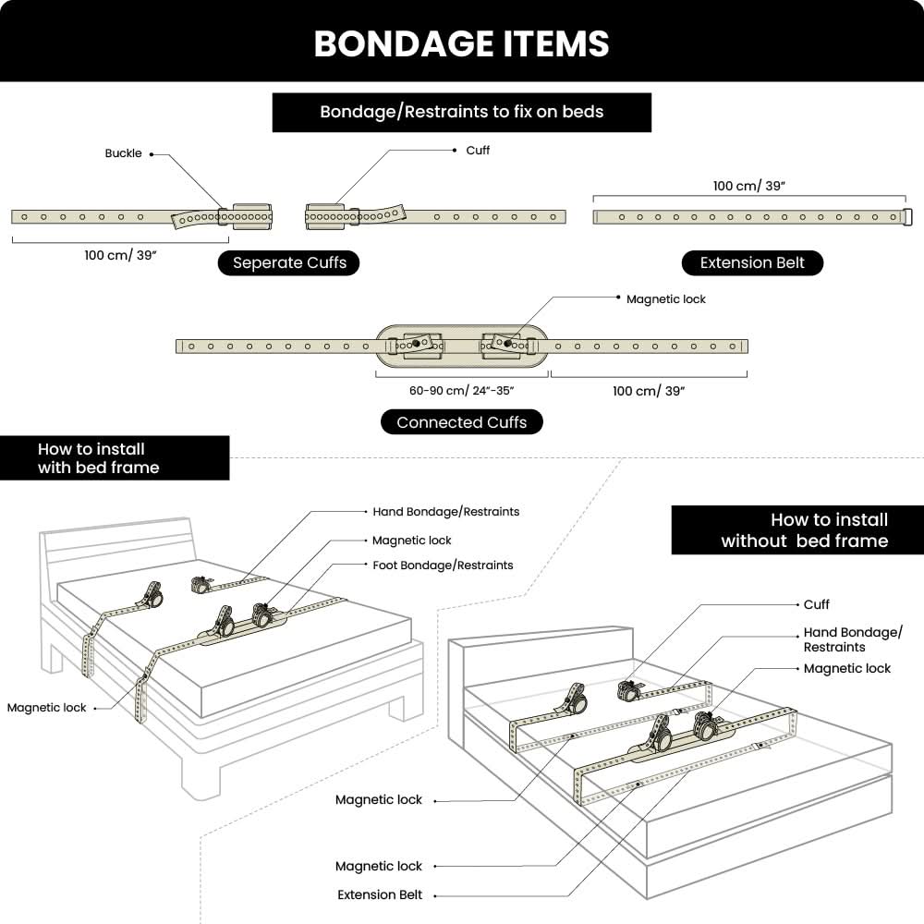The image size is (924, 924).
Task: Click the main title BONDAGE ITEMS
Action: click(x=461, y=43)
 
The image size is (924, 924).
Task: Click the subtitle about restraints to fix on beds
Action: click(x=461, y=112)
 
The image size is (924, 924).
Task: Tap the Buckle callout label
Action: click(x=123, y=153)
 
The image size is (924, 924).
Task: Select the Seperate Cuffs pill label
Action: click(x=289, y=262)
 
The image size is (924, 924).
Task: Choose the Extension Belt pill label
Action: click(x=752, y=262)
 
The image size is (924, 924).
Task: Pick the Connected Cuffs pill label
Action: click(x=461, y=422)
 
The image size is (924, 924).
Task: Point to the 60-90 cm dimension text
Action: click(x=461, y=391)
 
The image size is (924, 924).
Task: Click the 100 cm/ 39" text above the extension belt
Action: click(x=748, y=186)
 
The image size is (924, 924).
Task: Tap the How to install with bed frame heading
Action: click(x=98, y=458)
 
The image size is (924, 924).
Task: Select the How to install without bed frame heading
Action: click(x=804, y=530)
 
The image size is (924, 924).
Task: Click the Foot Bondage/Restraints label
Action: click(x=443, y=565)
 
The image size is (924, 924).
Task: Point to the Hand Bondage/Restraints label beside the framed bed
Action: click(x=445, y=511)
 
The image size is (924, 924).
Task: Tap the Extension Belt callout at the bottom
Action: click(x=380, y=894)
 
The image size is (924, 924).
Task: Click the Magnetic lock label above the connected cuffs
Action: click(x=665, y=299)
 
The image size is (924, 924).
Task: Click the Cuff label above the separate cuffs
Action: click(x=478, y=150)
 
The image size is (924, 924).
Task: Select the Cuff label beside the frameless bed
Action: click(x=817, y=604)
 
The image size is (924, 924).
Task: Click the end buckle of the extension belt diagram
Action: click(x=907, y=217)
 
